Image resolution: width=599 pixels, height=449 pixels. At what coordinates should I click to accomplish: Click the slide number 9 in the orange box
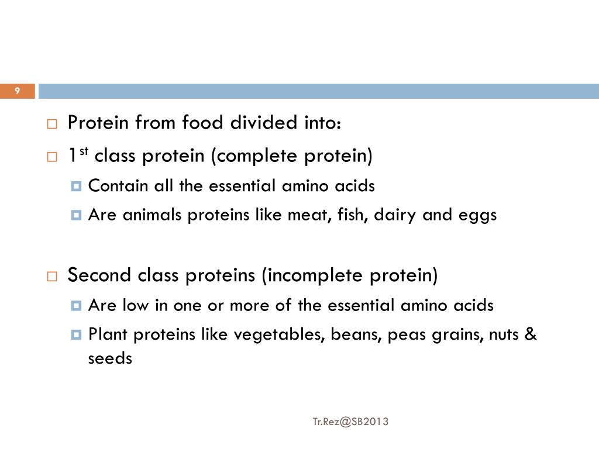point(18,91)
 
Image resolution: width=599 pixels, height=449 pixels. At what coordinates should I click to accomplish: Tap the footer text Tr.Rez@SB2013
point(350,421)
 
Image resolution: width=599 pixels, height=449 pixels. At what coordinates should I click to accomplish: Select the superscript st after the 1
point(84,153)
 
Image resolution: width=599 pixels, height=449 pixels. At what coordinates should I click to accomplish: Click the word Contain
point(119,186)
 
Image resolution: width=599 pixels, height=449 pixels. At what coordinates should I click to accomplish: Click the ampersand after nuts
point(531,335)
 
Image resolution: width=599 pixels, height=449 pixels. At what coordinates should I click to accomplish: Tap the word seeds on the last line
point(110,358)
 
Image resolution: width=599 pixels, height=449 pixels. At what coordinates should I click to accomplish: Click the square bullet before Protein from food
point(52,125)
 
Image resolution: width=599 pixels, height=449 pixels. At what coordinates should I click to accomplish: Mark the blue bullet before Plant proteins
point(76,335)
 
